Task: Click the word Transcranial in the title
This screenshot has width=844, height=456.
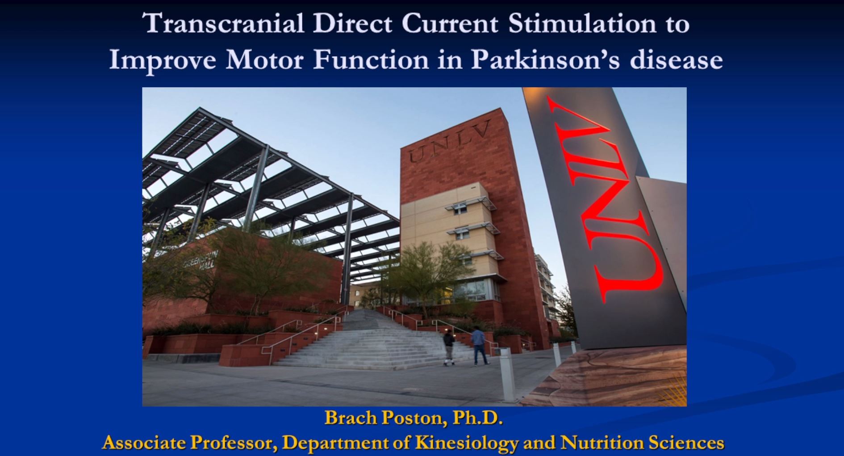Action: point(224,23)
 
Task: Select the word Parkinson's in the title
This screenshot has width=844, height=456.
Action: point(545,59)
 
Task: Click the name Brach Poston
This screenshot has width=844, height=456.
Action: point(384,418)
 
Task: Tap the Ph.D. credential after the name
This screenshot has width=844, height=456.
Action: point(477,418)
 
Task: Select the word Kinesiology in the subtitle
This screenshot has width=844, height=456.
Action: point(467,443)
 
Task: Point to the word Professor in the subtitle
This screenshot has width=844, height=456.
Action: point(231,443)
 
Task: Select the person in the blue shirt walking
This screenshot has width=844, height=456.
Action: point(479,346)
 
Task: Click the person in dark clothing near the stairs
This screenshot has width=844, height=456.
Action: point(449,348)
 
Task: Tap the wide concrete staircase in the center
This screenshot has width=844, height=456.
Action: point(371,342)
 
